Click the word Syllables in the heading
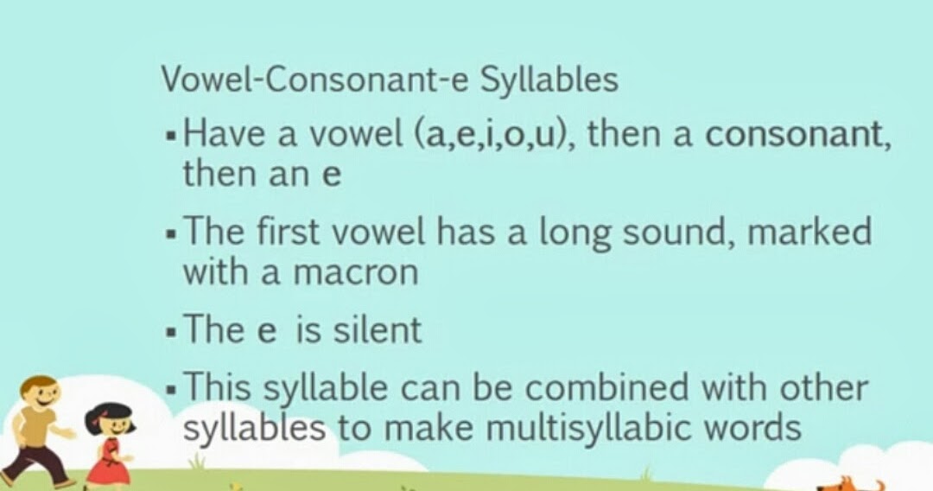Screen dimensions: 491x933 549,80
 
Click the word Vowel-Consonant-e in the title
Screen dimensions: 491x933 316,80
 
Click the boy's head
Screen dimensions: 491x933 38,397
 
